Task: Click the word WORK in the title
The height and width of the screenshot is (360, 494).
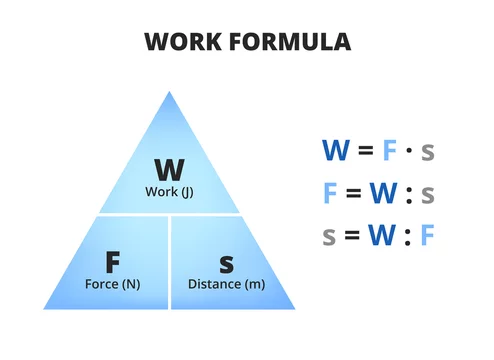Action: pos(181,42)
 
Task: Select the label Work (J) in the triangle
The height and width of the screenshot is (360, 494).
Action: pos(167,191)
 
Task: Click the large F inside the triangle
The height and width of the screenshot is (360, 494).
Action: pos(113,262)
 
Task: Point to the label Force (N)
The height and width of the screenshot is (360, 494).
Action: pos(113,284)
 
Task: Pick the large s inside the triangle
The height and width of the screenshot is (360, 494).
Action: pos(226,263)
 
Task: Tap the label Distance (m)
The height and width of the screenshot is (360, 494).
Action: pos(226,284)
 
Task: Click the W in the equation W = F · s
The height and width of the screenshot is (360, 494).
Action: pos(335,151)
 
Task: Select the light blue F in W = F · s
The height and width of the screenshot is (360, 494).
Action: pos(390,151)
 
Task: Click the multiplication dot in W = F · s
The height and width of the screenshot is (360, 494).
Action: pos(409,152)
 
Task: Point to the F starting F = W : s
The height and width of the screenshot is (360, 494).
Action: pos(330,193)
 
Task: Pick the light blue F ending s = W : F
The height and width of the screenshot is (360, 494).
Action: pos(427,236)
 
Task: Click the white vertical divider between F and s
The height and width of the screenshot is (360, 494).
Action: pos(169,261)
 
